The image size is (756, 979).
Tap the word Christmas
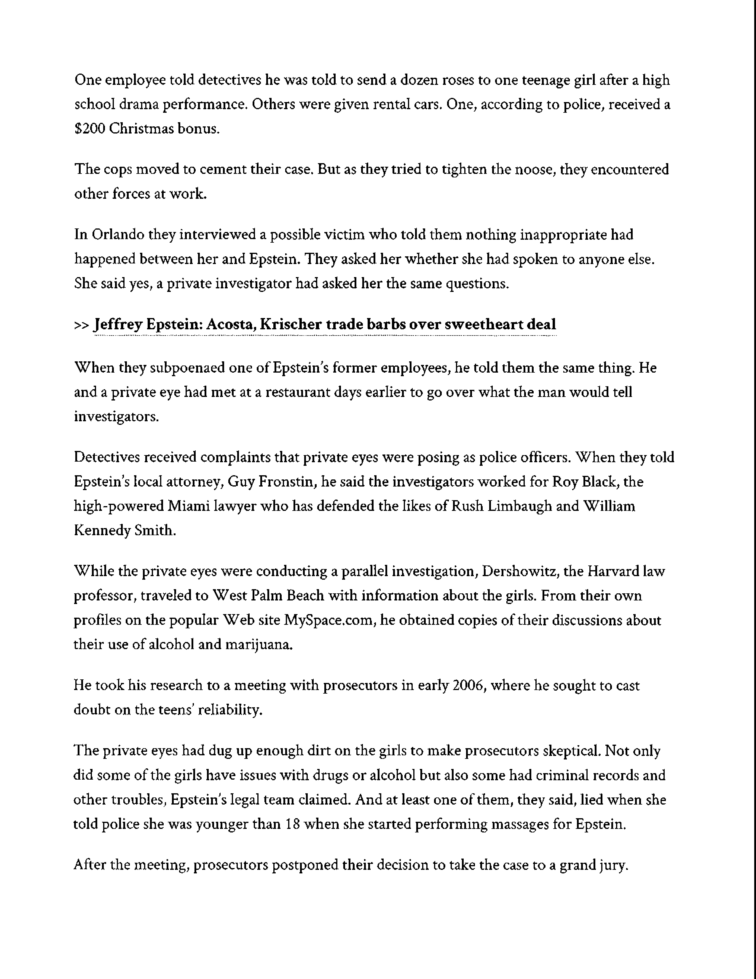point(141,129)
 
